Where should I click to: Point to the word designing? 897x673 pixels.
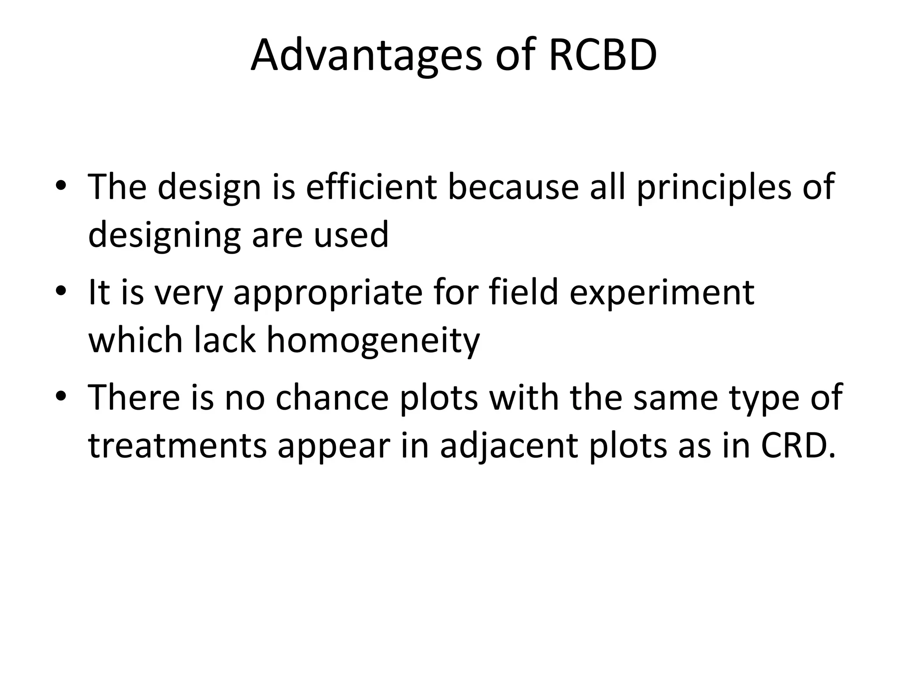[x=164, y=235]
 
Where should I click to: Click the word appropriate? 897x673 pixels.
[x=328, y=292]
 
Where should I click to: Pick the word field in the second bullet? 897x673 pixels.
[x=523, y=292]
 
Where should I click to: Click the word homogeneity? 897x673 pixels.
[x=373, y=340]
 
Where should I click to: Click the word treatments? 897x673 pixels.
[x=177, y=446]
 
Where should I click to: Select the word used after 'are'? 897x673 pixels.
[x=351, y=235]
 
